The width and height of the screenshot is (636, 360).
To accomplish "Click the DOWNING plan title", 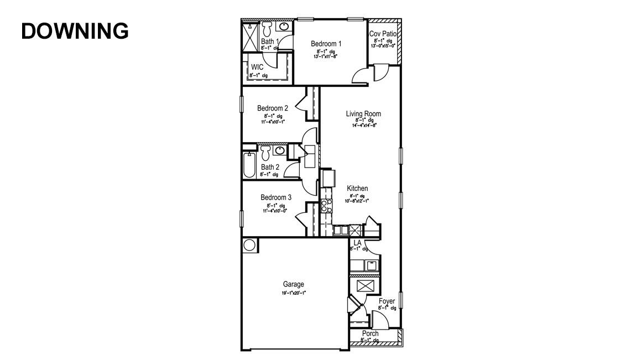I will pos(75,32).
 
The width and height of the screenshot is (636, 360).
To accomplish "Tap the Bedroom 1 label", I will pos(326,44).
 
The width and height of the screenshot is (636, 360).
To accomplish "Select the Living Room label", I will pos(363,114).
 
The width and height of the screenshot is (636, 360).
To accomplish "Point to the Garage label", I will pos(293,285).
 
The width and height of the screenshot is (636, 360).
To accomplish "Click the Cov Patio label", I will pos(383,34).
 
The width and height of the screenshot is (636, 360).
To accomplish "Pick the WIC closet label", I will pos(257,67).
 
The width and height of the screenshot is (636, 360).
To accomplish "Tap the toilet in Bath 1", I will pos(267,28).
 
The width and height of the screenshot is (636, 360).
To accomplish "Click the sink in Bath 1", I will pos(284,27).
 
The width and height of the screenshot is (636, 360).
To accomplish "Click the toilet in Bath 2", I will pos(265,152).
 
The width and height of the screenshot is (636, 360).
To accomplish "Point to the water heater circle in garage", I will pos(249,244).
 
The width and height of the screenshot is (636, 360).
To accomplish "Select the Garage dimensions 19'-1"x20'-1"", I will pos(293,293).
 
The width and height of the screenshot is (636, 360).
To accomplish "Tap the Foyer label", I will pos(387,301).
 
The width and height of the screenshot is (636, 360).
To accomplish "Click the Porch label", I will pos(370,333).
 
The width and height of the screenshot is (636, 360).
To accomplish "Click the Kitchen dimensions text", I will pos(357,201).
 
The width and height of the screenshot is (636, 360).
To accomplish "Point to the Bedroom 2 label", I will pos(273,108).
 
